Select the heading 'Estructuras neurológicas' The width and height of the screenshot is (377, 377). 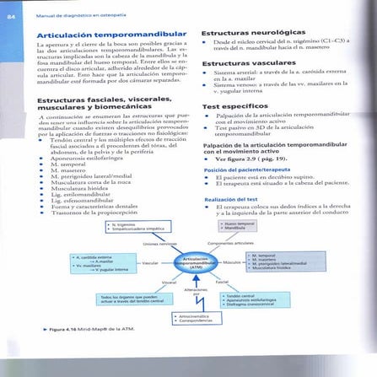point(243,31)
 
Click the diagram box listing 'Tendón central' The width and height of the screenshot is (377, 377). point(253,299)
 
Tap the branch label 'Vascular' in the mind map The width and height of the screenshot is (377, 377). point(151,263)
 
